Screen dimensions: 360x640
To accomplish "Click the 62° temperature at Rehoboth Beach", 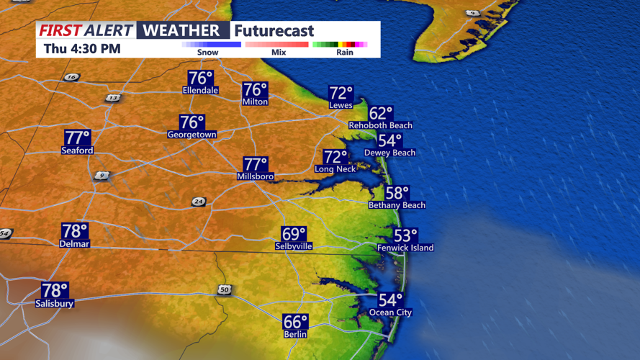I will [x=381, y=113].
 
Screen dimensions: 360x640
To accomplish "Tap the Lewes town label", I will [x=341, y=105].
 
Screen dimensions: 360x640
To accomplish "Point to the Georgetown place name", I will [x=191, y=135].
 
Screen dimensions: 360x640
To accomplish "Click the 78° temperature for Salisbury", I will [x=55, y=291].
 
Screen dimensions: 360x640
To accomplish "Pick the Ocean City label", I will [x=391, y=312].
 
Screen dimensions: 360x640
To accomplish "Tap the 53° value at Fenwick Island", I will [x=405, y=235].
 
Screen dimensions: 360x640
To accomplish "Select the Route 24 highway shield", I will [x=199, y=202].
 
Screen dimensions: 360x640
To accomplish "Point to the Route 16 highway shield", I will [x=71, y=77].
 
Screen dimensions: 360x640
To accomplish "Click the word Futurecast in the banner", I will [x=274, y=31].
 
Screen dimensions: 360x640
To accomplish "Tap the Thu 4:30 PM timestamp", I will [x=82, y=49].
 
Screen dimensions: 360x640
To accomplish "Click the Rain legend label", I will [x=345, y=53].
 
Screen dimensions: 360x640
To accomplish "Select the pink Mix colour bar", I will [x=277, y=45].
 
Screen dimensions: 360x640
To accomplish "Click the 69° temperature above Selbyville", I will [x=294, y=234].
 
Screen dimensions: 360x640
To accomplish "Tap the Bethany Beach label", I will [x=397, y=205].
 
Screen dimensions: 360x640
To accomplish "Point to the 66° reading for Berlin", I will [x=295, y=322].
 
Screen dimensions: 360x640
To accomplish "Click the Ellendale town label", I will [x=200, y=91].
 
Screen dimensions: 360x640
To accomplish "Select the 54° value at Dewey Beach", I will [x=389, y=141].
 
